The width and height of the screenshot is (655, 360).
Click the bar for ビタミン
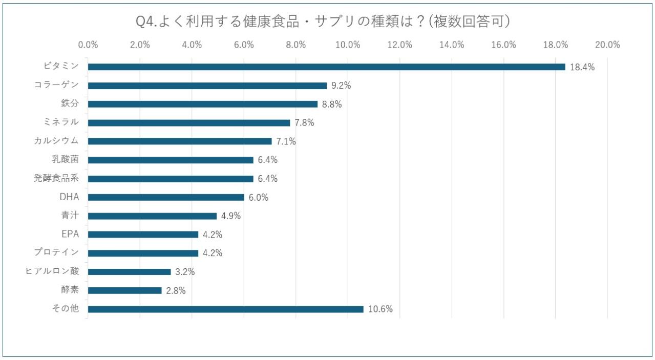326,67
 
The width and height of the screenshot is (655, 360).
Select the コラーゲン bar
207,86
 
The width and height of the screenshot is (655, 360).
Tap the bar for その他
225,309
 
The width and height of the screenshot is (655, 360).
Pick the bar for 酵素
124,290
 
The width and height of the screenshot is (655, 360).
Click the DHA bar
166,197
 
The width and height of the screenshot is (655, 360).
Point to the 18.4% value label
582,67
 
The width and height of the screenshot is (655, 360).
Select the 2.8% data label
176,291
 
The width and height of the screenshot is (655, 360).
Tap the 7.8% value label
304,123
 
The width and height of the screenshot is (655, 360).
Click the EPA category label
70,235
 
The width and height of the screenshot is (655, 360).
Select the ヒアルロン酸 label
52,271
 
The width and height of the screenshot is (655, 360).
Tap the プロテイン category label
56,253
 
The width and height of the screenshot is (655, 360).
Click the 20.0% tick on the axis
607,45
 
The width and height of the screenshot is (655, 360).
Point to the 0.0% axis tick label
88,45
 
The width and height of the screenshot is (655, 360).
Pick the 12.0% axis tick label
399,45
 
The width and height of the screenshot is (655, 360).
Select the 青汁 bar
152,216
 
